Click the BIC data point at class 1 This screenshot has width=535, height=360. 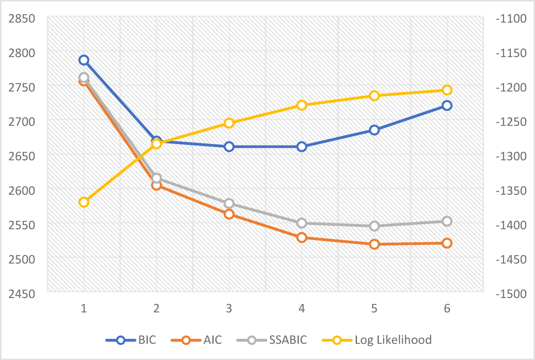(x=84, y=60)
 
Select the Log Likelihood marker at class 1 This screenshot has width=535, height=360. (x=84, y=202)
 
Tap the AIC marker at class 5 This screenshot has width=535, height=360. (x=374, y=244)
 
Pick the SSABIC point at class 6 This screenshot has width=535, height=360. (x=447, y=221)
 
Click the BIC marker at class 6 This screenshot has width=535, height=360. (x=447, y=106)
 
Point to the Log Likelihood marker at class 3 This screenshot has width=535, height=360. (x=229, y=123)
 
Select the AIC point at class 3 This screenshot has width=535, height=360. (x=229, y=214)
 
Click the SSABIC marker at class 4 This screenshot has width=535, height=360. (x=302, y=223)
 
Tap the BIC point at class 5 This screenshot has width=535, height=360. (x=374, y=130)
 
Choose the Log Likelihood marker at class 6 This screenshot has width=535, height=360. (x=447, y=90)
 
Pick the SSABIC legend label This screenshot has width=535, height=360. (x=288, y=340)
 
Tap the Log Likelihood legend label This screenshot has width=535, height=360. (x=393, y=340)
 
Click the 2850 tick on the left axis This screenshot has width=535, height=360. (x=22, y=19)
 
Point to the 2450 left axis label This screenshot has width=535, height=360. (x=22, y=294)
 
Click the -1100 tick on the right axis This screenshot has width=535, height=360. (x=511, y=19)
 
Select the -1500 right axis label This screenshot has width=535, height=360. (x=511, y=294)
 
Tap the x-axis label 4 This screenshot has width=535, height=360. (x=302, y=308)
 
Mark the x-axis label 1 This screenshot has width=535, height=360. (x=84, y=308)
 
